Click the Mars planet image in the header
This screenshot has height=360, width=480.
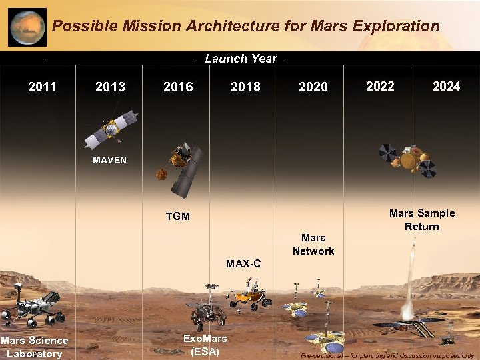coord(27,27)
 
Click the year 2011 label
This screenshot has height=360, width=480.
coord(42,87)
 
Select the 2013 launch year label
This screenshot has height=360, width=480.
coord(110,87)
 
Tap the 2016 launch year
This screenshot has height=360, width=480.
coord(178,87)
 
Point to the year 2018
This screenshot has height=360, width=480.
coord(245,87)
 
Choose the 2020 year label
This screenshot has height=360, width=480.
coord(313,87)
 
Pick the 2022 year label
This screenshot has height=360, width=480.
coord(380,86)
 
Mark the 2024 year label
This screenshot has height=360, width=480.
coord(446,86)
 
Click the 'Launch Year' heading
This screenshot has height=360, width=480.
coord(241,59)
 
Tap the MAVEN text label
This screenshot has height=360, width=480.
coord(109,161)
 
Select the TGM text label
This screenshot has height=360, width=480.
coord(178,217)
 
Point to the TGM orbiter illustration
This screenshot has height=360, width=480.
coord(179,170)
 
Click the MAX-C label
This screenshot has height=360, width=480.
coord(243,264)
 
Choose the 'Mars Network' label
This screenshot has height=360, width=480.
coord(313,244)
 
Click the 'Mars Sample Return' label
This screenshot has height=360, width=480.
coord(421,220)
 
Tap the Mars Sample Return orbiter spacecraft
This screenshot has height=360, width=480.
coord(407,159)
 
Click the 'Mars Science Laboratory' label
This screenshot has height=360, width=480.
coord(35,347)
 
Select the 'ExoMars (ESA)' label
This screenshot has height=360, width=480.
coord(205,345)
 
